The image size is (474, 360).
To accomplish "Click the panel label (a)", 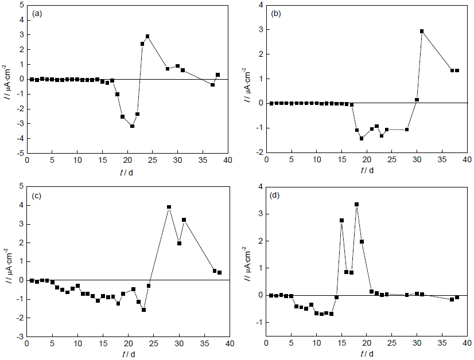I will (x=37, y=13).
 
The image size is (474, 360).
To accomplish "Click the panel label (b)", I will (x=275, y=13).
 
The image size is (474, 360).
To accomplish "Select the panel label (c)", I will (x=37, y=195).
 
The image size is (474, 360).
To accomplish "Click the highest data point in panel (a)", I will (x=147, y=36).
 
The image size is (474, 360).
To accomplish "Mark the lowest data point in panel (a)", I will (x=132, y=126).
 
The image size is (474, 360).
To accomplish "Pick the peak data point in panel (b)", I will (x=422, y=31).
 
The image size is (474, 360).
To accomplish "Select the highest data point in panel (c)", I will (x=169, y=207).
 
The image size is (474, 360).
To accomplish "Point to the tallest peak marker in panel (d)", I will (x=356, y=204).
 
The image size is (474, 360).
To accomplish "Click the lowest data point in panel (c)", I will (x=143, y=310).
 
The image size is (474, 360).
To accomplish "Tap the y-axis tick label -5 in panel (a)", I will (x=19, y=154).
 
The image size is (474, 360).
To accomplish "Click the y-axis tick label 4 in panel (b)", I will (x=260, y=5).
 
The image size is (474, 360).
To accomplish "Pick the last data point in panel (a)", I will (x=218, y=75).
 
